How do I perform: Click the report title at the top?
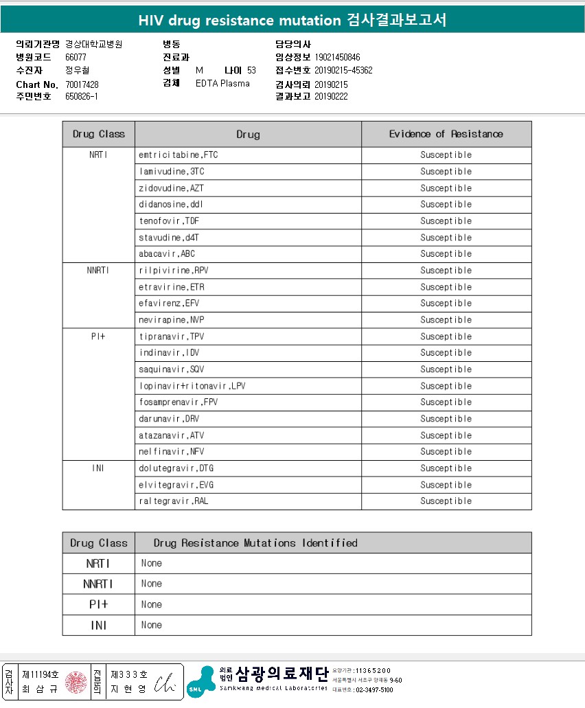(x=292, y=20)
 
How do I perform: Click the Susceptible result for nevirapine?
(x=446, y=320)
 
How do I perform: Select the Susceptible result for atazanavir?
(x=446, y=435)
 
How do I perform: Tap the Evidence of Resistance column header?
(x=446, y=134)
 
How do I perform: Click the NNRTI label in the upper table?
(x=98, y=271)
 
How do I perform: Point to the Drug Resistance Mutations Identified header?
(x=255, y=543)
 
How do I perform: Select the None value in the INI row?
(x=152, y=626)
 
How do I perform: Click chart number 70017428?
(x=82, y=84)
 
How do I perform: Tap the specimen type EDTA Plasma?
(x=222, y=84)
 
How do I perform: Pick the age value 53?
(x=251, y=71)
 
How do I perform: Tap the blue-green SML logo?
(x=200, y=682)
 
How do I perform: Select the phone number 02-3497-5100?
(x=374, y=689)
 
